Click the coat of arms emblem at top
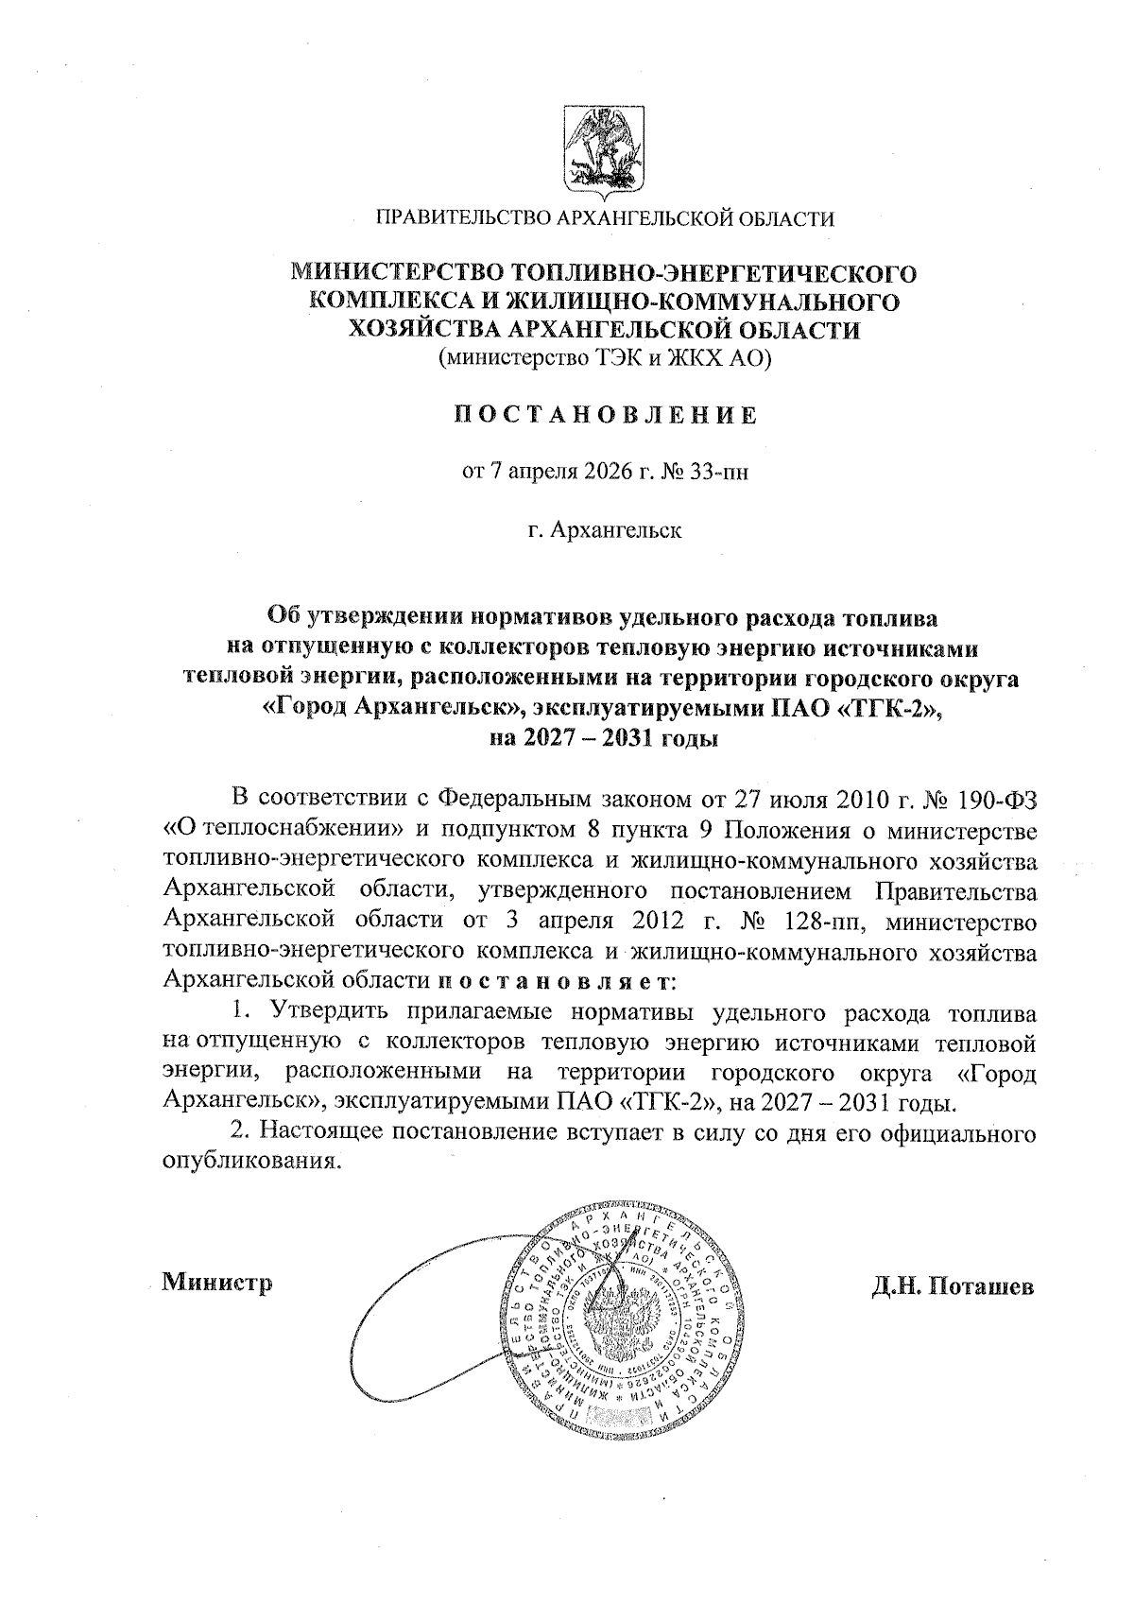(x=604, y=151)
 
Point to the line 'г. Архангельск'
(x=604, y=529)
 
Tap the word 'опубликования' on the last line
(x=250, y=1163)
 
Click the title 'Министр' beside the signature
(x=217, y=1283)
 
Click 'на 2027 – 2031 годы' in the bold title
(x=604, y=738)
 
